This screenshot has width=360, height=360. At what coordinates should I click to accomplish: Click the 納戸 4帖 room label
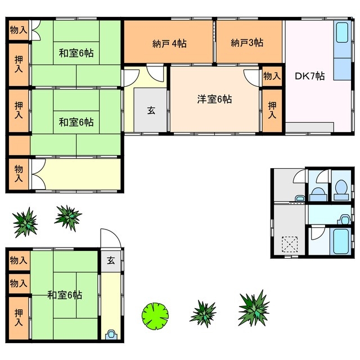click(x=169, y=43)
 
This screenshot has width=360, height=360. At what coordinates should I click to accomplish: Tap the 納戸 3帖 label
click(x=247, y=43)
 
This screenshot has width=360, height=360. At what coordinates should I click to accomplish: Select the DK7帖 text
click(x=309, y=75)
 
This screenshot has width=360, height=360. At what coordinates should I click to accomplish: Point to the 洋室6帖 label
click(x=214, y=100)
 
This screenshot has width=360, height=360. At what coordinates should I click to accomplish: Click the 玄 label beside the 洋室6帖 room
click(x=151, y=110)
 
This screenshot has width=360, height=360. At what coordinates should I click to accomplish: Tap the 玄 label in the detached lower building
click(x=111, y=260)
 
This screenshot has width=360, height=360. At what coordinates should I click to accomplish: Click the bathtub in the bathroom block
click(x=341, y=240)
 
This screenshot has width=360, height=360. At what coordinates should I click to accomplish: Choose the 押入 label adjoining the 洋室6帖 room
click(x=272, y=109)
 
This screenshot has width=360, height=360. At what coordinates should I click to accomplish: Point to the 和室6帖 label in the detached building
click(x=65, y=294)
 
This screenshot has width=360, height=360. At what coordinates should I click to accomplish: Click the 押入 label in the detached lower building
click(x=19, y=318)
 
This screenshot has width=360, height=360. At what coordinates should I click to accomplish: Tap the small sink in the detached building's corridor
click(x=110, y=334)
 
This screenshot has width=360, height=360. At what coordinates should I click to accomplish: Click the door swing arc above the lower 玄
click(x=109, y=237)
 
